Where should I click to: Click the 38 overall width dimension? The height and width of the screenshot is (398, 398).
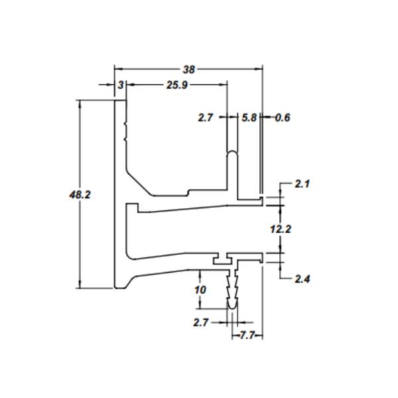tap(189, 69)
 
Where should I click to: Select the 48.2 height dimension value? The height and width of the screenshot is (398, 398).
tap(80, 195)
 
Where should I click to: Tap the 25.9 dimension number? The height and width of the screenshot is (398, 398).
tap(177, 85)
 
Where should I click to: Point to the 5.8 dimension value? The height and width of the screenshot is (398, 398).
tap(249, 118)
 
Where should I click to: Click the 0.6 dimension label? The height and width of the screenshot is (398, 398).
tap(283, 118)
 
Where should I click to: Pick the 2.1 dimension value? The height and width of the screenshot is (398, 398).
tap(302, 184)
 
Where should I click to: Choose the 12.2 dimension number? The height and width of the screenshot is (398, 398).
tap(281, 230)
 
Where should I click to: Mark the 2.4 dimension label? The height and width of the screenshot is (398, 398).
tap(302, 279)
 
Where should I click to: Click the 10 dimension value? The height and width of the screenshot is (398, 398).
tap(200, 290)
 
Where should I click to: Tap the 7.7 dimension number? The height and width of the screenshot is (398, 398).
tap(247, 336)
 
